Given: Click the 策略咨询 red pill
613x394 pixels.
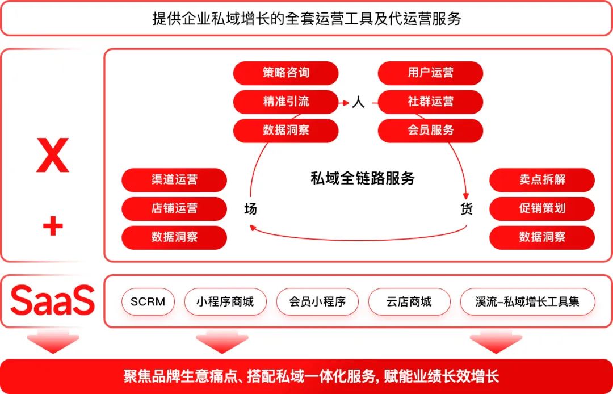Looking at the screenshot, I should coord(285,73).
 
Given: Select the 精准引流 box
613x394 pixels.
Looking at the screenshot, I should coord(285,102).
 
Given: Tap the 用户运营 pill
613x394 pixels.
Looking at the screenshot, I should coord(430,73).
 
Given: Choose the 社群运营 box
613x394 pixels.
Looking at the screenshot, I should coord(430,102).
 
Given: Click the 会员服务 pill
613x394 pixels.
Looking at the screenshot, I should coord(430,130).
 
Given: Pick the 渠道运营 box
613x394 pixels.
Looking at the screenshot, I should coord(174,180).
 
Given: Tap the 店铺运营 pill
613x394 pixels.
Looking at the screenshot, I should coord(174,208).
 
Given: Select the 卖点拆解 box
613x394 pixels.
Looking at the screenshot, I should coord(542,180).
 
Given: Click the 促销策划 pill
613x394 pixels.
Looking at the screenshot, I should coord(542,208).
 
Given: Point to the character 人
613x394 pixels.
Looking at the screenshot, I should coord(358,103).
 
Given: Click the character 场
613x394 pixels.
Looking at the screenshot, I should coord(250,209).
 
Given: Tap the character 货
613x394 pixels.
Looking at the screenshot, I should coord(466,209).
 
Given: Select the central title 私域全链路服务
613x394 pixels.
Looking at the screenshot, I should coord(363,179).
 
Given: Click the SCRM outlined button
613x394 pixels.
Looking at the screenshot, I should coord(148,301).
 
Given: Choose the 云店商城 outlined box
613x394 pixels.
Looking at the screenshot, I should coord(409,301).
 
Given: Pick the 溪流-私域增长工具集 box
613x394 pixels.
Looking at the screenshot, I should coord(527,301).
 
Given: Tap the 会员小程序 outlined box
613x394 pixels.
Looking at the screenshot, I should coord(317,301).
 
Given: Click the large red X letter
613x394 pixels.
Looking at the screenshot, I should coord(52,155).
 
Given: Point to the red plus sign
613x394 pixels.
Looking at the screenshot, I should coord(53,227).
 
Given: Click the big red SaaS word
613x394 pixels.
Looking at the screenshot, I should coord(52,301).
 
